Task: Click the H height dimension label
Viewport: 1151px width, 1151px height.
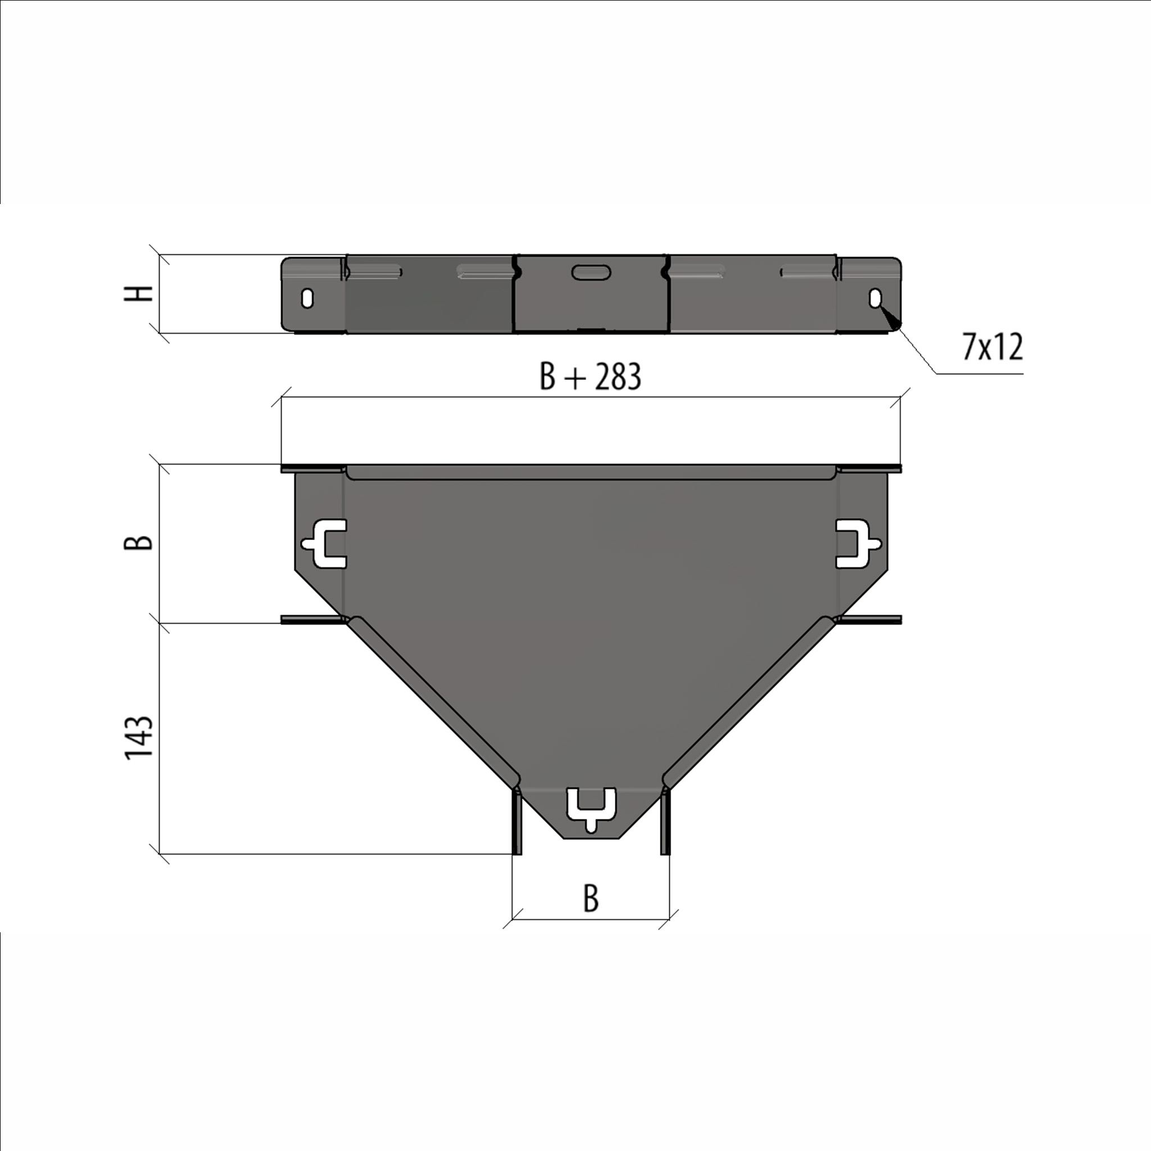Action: [x=139, y=294]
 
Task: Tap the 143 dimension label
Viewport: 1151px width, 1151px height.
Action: [x=139, y=737]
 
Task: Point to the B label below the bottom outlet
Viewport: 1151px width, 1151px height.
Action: [x=591, y=899]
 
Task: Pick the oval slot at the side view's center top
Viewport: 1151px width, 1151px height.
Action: [x=591, y=272]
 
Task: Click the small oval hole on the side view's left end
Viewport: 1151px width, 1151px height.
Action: [x=307, y=298]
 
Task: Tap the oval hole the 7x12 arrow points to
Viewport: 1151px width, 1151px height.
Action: [x=875, y=298]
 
